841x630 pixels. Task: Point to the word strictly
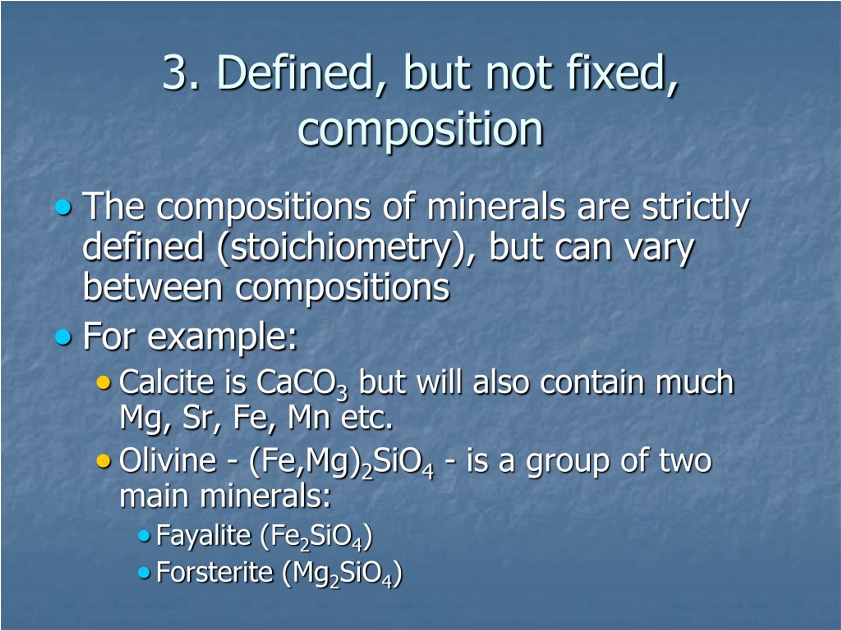695,207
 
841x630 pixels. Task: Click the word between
152,287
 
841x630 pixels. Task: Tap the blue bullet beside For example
63,336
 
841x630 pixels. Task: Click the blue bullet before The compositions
63,207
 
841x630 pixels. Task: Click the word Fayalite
203,535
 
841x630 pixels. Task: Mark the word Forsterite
215,572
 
